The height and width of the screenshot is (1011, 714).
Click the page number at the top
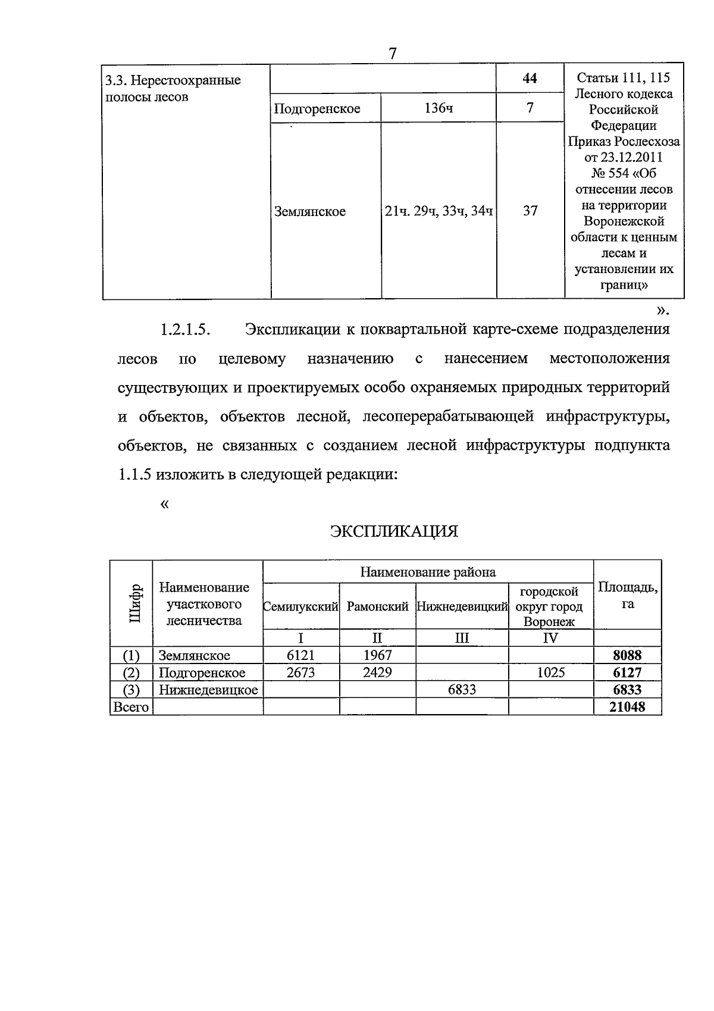pos(393,54)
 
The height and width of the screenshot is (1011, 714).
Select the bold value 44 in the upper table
pos(530,78)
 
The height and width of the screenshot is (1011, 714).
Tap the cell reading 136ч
pos(439,108)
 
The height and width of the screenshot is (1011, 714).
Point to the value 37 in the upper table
pos(530,211)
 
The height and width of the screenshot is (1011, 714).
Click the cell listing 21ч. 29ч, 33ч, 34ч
pos(439,211)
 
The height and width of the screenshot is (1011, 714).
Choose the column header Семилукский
pos(301,607)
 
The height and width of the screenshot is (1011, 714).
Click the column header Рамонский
pos(377,607)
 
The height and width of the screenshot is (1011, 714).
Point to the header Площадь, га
pos(627,595)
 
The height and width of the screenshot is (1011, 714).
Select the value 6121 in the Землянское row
pos(300,656)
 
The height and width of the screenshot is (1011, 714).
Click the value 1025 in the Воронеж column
pos(550,673)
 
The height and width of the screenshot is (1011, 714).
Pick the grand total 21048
pos(627,707)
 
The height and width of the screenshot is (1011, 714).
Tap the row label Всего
pos(131,707)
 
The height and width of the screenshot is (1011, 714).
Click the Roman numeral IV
pos(550,638)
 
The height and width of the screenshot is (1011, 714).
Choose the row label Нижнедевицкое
pos(208,690)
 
